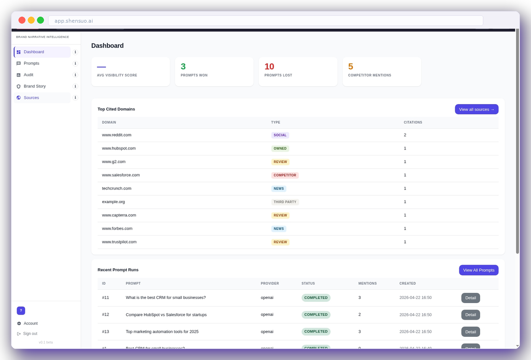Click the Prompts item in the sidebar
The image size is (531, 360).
31,63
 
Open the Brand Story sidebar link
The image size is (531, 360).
35,87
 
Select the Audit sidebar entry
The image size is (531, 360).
29,75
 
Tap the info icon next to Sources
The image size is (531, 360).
75,98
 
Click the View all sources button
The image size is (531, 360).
476,109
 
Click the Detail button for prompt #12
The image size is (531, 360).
470,315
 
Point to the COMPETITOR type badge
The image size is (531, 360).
285,175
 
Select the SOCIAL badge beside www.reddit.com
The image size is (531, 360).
280,135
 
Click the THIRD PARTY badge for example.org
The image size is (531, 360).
285,202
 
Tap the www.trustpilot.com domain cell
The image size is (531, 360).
119,242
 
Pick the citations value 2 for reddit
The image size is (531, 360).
405,135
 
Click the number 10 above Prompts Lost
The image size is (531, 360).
269,67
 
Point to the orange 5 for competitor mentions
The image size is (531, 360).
351,67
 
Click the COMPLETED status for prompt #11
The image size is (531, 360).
316,298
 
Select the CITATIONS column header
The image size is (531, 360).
413,123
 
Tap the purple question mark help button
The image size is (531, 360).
21,310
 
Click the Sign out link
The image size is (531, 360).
30,334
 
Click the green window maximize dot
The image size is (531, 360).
41,20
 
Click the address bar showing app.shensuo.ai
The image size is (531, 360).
265,21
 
